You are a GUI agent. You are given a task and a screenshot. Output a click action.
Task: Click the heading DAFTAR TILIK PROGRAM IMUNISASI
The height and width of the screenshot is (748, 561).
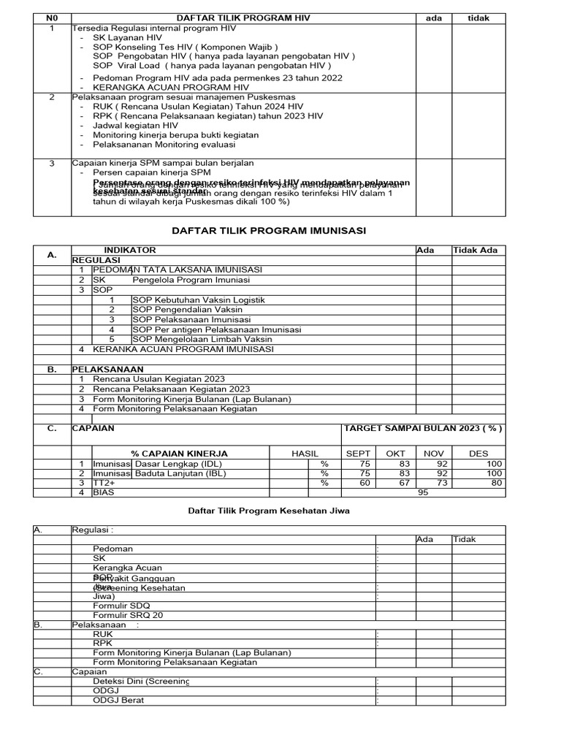click(x=268, y=231)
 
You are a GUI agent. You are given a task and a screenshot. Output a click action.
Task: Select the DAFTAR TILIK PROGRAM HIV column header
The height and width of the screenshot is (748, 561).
click(x=242, y=18)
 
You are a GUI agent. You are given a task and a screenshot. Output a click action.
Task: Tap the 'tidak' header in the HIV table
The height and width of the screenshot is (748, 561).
click(x=478, y=18)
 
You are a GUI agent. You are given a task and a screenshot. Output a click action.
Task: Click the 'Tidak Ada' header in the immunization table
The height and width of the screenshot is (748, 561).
click(x=476, y=251)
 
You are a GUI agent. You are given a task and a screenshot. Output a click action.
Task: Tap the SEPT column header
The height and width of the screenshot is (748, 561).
click(x=358, y=454)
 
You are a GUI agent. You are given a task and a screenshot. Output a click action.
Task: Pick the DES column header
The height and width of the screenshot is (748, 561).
click(x=478, y=454)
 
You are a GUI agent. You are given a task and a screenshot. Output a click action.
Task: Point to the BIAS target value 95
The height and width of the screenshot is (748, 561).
click(x=421, y=493)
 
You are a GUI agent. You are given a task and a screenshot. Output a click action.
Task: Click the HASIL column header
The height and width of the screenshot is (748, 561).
click(x=305, y=454)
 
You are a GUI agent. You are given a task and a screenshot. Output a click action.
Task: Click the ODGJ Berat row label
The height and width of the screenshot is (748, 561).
click(x=118, y=700)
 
